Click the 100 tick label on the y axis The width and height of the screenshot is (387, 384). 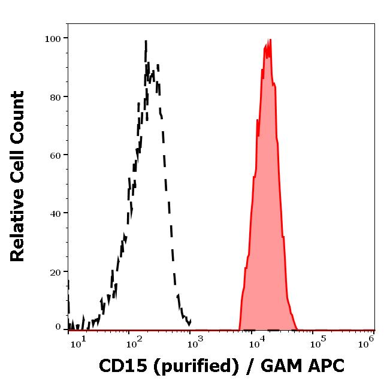pos(53,38)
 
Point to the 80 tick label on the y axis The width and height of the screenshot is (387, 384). pos(55,96)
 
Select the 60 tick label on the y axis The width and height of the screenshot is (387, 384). pos(55,155)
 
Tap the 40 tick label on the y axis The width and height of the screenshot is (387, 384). pos(55,213)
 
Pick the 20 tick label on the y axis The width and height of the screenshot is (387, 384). pos(55,271)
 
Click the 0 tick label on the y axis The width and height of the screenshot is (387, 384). pos(58,327)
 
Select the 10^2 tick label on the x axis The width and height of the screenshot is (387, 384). pos(134,342)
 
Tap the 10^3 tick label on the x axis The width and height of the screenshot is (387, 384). pos(195,342)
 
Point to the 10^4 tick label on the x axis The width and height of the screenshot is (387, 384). pos(256,342)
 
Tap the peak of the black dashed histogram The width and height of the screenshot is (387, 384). pos(146,41)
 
